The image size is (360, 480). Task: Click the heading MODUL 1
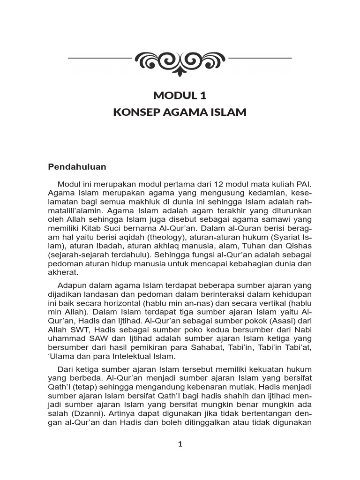(x=180, y=96)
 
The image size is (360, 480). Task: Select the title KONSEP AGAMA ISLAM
(x=180, y=112)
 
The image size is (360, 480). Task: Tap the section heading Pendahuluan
(x=77, y=167)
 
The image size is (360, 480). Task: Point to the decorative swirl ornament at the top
(x=180, y=60)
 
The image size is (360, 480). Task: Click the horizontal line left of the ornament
(x=99, y=58)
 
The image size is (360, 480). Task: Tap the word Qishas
(x=299, y=246)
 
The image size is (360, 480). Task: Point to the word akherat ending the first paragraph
(x=63, y=273)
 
